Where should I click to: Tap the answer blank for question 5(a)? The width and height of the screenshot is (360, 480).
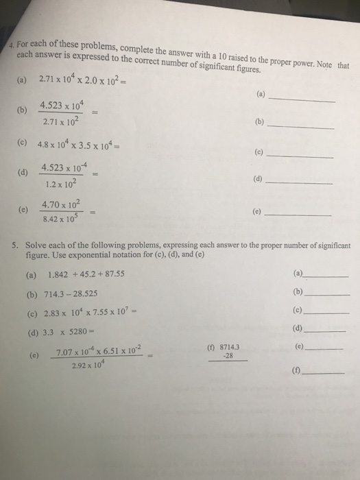click(327, 274)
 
